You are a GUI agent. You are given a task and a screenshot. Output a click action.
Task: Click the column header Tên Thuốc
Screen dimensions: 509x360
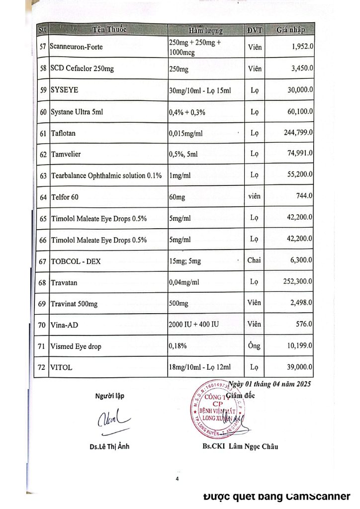tap(109, 29)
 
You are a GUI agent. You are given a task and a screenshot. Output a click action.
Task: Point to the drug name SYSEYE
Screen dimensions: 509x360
tap(65, 90)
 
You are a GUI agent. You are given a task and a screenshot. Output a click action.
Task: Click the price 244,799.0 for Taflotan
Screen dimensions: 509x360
tap(296, 133)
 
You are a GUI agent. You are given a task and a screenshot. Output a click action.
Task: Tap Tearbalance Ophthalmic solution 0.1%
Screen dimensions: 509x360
tap(106, 175)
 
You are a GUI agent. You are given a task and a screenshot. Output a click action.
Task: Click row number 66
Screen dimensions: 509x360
tap(43, 240)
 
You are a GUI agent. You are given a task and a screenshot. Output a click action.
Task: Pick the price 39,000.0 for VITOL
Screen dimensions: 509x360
tap(298, 367)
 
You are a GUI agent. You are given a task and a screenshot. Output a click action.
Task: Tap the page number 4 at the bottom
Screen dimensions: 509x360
tap(177, 479)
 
